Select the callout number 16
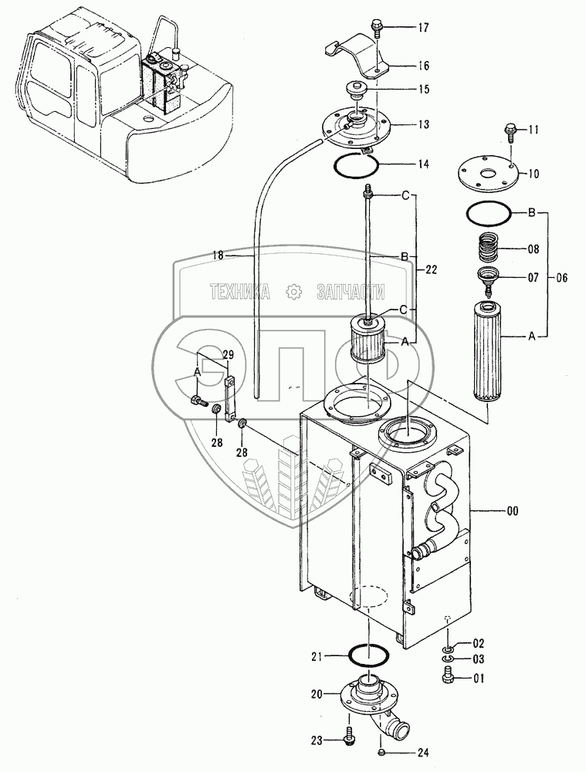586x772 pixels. pos(424,66)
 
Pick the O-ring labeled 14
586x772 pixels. pos(356,163)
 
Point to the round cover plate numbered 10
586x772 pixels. pos(487,174)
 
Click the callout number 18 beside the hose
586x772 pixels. pos(218,255)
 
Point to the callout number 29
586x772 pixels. pos(228,354)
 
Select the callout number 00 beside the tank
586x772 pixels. pos(513,511)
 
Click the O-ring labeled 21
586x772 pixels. pos(369,655)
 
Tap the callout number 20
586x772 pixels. pos(317,694)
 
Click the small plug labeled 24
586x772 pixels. pos(381,751)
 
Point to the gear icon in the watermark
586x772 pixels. pos(293,293)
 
